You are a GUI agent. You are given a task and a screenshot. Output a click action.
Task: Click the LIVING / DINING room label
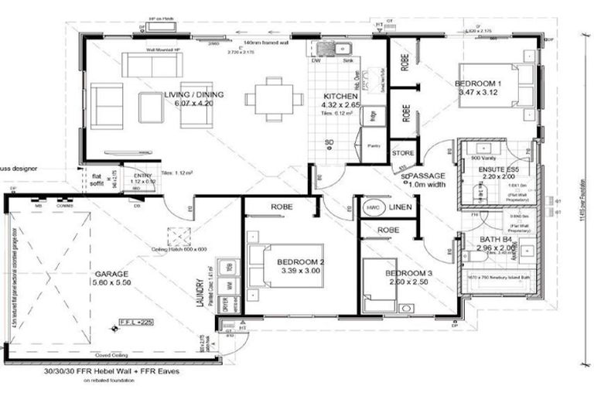click(x=193, y=95)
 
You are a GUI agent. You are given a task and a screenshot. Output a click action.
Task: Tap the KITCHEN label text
click(x=341, y=96)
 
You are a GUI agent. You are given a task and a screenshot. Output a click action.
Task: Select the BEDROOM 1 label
click(x=478, y=83)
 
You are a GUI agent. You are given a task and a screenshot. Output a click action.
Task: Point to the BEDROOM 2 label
click(x=300, y=262)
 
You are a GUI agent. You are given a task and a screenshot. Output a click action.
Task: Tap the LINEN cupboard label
click(x=401, y=207)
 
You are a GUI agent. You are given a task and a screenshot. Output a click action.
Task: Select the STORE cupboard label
click(x=402, y=152)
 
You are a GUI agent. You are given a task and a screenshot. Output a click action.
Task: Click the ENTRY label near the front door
click(x=143, y=176)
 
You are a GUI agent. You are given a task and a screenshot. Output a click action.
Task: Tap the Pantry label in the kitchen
click(x=374, y=145)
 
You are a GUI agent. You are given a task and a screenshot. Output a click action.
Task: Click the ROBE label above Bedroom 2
click(x=282, y=207)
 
